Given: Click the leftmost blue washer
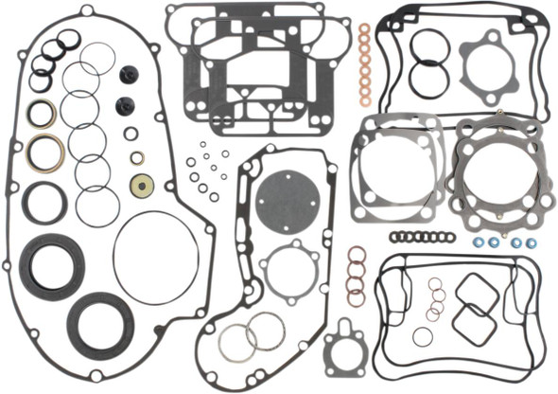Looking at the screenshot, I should [x=479, y=242].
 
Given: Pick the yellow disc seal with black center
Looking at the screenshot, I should [x=143, y=185].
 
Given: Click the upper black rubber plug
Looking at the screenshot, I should [x=128, y=76].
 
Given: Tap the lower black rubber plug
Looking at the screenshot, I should [x=124, y=105].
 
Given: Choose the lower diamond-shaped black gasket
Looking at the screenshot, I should [x=474, y=324].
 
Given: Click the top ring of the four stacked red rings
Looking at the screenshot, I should [x=357, y=255].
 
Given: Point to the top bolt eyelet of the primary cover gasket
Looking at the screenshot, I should [x=87, y=11].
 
